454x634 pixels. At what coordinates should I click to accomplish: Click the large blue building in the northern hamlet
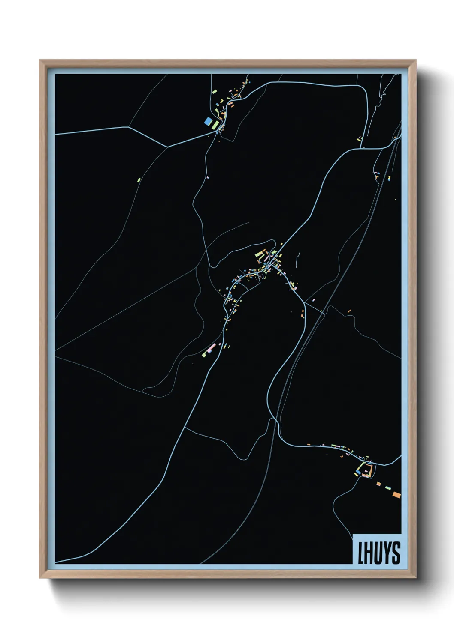pyautogui.click(x=208, y=121)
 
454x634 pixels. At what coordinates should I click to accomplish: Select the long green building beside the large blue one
pyautogui.click(x=216, y=125)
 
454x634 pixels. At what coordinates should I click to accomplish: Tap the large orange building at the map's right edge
pyautogui.click(x=396, y=495)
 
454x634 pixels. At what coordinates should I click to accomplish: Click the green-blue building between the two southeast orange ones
pyautogui.click(x=388, y=488)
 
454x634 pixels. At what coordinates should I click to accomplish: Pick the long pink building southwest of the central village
pyautogui.click(x=211, y=348)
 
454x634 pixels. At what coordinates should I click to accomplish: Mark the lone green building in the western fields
pyautogui.click(x=139, y=180)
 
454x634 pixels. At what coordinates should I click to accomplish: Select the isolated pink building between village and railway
pyautogui.click(x=314, y=299)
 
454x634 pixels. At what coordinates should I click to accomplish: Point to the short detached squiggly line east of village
pyautogui.click(x=297, y=256)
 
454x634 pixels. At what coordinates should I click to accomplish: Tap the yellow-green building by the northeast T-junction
pyautogui.click(x=360, y=138)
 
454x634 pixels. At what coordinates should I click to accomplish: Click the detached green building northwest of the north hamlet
pyautogui.click(x=214, y=91)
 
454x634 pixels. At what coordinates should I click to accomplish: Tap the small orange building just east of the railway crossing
pyautogui.click(x=349, y=311)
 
